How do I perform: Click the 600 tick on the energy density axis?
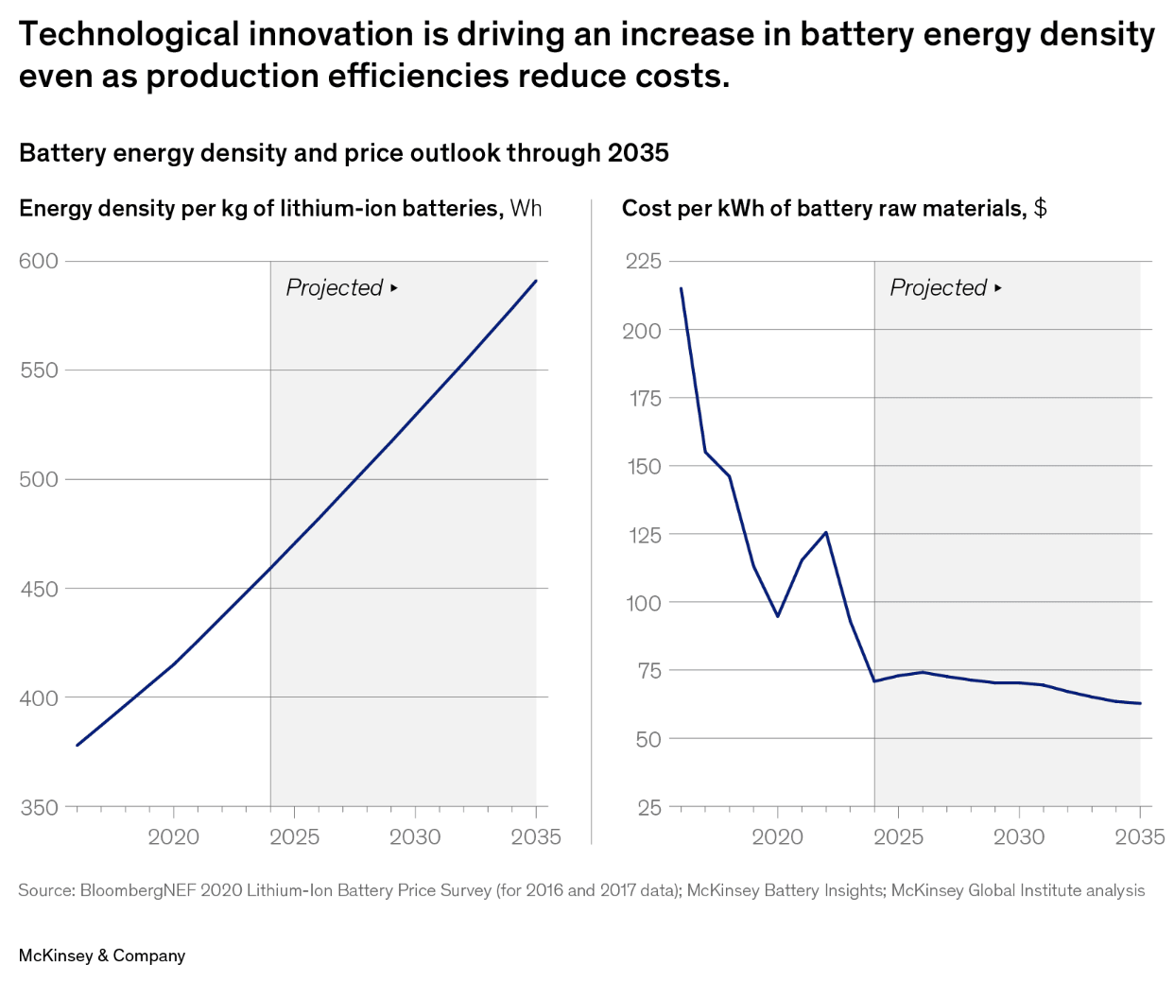coord(39,261)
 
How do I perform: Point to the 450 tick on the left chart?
coord(39,589)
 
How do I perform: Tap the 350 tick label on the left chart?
coord(39,807)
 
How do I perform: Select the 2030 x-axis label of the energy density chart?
coord(415,836)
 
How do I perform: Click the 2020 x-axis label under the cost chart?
coord(777,836)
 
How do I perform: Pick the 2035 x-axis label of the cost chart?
coord(1139,836)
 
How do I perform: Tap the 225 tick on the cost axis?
coord(643,261)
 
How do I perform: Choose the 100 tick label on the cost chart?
coord(643,602)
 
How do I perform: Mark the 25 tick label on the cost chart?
coord(649,807)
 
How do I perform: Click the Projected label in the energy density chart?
coord(335,287)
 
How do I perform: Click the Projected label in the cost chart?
coord(939,287)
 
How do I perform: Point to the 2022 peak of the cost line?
coord(826,532)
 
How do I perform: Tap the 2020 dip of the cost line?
coord(778,616)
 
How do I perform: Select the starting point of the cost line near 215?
coord(681,288)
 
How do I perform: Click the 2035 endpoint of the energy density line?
coord(536,281)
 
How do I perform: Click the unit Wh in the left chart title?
coord(527,208)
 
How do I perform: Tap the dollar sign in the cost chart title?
coord(1040,208)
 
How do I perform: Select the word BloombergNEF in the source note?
coord(138,890)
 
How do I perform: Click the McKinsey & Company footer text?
coord(102,955)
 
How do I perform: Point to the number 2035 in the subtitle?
coord(638,153)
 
